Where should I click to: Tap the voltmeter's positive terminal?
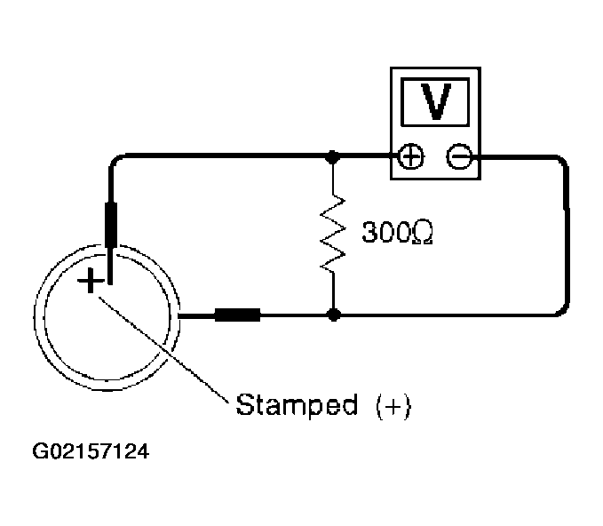coord(410,158)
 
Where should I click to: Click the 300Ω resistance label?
coord(397,234)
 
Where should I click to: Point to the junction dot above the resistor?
coord(333,158)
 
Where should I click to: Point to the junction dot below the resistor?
coord(333,315)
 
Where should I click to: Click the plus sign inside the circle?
coord(91,283)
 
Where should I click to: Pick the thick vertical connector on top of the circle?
coord(112,224)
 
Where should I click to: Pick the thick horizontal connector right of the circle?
coord(237,315)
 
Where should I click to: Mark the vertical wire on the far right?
coord(565,235)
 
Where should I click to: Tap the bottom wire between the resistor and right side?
coord(444,315)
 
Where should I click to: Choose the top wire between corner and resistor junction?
coord(222,158)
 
